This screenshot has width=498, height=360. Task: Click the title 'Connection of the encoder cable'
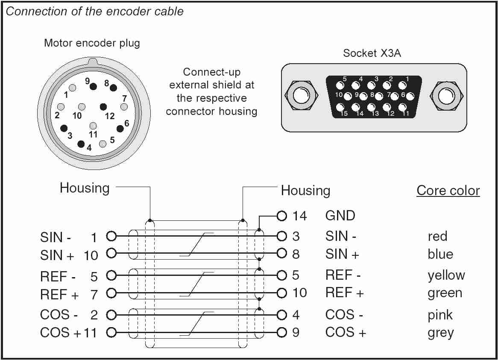point(95,12)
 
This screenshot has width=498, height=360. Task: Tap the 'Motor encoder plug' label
point(92,43)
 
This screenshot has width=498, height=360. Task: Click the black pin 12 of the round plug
point(103,106)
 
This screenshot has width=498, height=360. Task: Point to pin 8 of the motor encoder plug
point(113,88)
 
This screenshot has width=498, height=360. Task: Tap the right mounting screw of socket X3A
point(447,94)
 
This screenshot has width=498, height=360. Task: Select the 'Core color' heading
point(448,190)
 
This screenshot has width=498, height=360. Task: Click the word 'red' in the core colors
point(437,236)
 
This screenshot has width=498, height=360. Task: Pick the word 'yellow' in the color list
point(446,275)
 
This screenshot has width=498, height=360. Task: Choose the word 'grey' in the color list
point(440,333)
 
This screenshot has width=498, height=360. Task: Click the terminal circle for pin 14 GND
point(281,215)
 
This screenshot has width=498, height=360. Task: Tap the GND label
point(340,215)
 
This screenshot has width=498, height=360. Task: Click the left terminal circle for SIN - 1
point(111,236)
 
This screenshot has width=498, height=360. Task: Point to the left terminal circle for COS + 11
point(111,332)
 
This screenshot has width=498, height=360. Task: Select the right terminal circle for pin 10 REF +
point(281,293)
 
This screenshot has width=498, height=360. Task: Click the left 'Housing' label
point(85,188)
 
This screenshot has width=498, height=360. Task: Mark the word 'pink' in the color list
point(440,315)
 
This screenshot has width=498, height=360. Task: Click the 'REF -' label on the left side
point(59,276)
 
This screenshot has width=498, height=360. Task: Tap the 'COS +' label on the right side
point(346,332)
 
